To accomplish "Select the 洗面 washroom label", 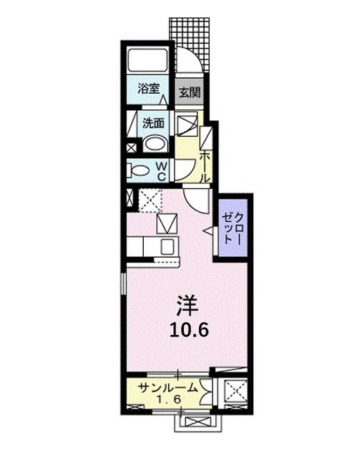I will [x=153, y=122].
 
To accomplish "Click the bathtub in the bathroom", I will [x=147, y=61].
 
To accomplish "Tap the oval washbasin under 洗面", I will [x=155, y=143].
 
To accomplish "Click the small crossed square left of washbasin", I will [x=131, y=150].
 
